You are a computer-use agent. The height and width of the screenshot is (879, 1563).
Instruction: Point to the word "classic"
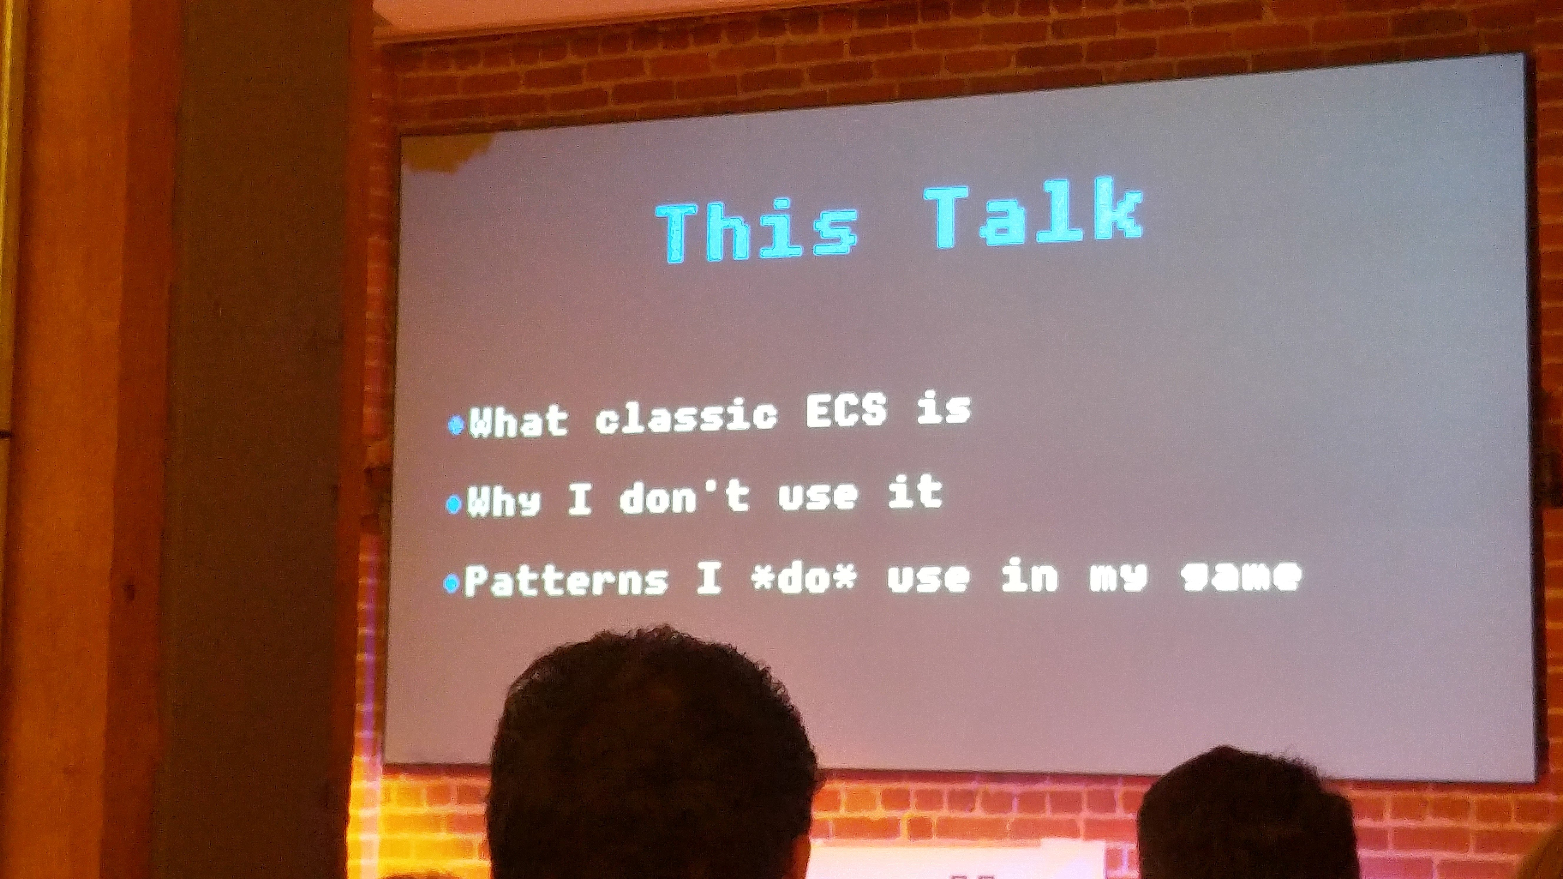(x=686, y=416)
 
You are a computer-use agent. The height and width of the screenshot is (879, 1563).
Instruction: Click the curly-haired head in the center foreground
(x=652, y=758)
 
